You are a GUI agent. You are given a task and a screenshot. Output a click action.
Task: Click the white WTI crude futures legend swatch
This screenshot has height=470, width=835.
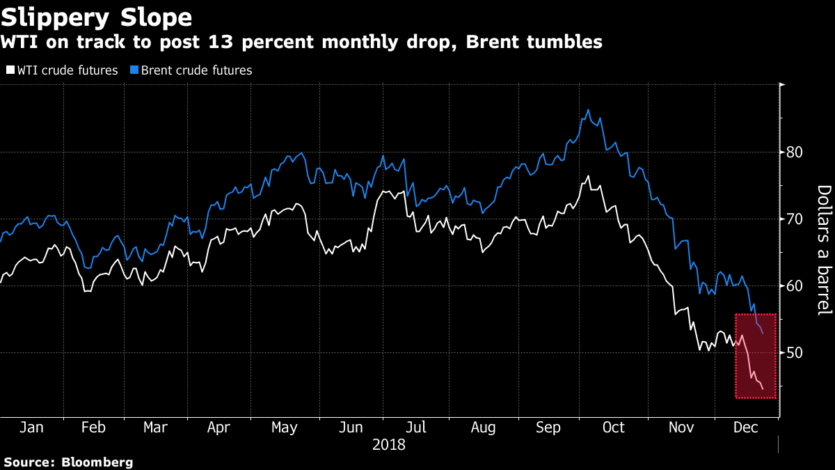[10, 70]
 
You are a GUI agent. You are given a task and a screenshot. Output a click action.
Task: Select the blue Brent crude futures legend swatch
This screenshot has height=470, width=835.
[136, 70]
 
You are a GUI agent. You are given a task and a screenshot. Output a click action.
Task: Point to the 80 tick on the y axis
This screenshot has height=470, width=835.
[795, 152]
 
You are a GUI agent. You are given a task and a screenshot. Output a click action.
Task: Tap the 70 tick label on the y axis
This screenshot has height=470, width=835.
[795, 219]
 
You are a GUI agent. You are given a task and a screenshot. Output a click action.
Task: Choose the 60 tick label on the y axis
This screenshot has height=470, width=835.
[795, 286]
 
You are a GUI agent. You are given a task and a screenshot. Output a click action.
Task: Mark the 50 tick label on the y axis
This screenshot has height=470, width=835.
[795, 353]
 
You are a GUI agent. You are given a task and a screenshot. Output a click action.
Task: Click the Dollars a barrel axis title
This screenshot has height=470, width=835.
[822, 249]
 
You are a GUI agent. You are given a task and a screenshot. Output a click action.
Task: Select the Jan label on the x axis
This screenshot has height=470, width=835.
[31, 428]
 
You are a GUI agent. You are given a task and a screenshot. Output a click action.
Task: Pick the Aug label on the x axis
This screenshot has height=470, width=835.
[483, 428]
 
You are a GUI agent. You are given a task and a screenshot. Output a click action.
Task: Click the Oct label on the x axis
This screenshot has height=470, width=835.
[614, 428]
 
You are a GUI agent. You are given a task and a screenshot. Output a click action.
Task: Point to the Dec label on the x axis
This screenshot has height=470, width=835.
[745, 428]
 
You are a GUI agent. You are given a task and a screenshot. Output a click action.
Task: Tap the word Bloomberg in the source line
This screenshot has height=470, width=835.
[97, 462]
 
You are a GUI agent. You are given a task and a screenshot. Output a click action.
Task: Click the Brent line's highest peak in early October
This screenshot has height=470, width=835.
[589, 110]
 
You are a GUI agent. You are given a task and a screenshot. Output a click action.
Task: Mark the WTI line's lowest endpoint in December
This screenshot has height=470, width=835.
[763, 389]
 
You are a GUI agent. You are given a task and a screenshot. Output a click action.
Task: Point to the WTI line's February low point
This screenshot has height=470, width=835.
[86, 291]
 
